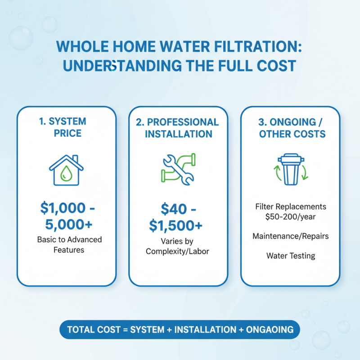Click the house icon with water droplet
click(66, 171)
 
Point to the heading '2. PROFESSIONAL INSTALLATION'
click(178, 128)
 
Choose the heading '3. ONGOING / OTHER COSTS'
click(290, 128)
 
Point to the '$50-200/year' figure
click(290, 216)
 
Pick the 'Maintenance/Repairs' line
click(290, 236)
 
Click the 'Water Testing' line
click(290, 256)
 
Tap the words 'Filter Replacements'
click(290, 207)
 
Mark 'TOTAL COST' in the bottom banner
click(92, 330)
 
